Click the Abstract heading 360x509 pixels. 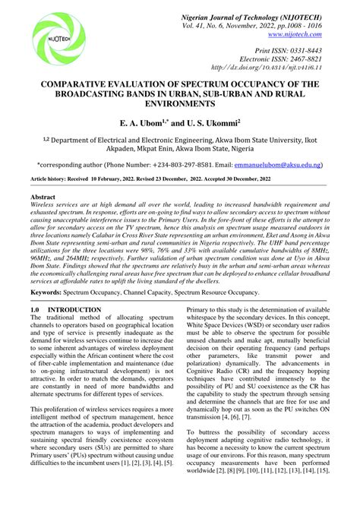pos(44,196)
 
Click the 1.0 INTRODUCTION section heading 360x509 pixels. pos(65,310)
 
